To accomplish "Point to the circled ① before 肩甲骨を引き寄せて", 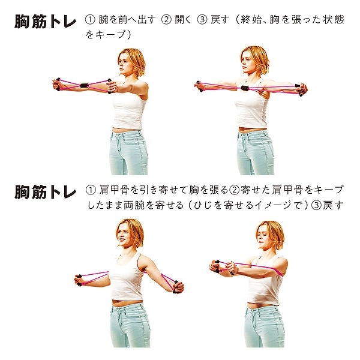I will point(91,191).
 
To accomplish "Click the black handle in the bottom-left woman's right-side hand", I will point(176,286).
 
